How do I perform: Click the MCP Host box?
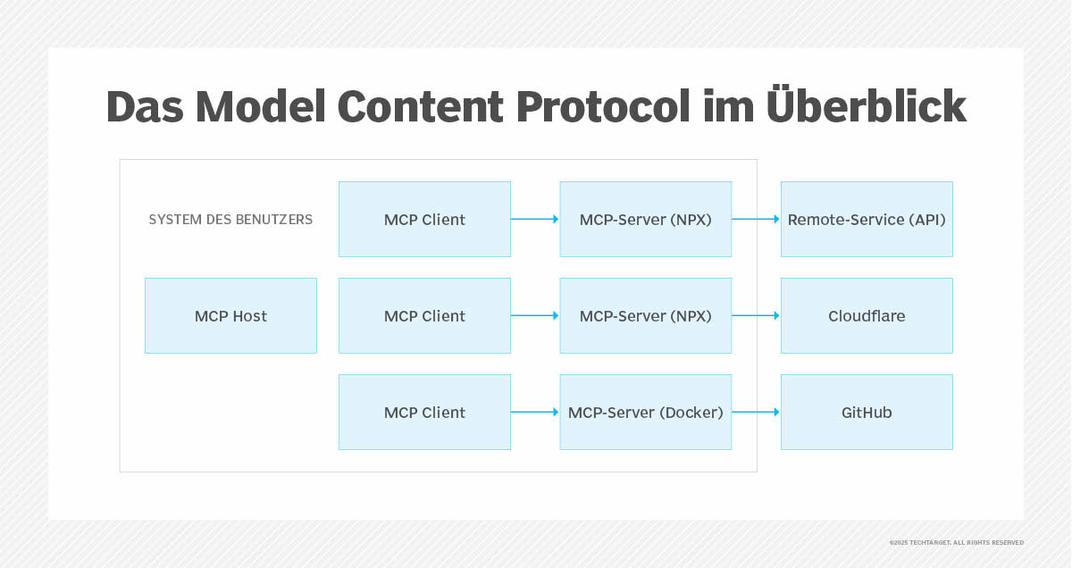[x=230, y=315]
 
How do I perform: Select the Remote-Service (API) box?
[x=867, y=219]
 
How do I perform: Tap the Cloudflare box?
[x=867, y=315]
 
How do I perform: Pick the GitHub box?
[x=867, y=412]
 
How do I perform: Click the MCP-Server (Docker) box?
[x=645, y=412]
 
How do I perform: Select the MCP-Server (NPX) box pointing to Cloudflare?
[x=645, y=315]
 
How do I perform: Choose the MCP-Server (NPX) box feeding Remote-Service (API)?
[x=645, y=219]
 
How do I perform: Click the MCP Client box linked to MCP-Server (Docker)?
[x=424, y=412]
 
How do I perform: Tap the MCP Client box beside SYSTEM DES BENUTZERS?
[x=424, y=219]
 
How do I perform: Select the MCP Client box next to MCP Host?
[x=424, y=315]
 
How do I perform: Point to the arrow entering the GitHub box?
[x=756, y=412]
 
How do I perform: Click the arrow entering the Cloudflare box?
[x=756, y=315]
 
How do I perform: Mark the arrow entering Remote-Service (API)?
[x=756, y=219]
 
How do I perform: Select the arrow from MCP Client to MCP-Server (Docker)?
[x=535, y=412]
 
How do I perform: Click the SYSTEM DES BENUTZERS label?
[x=230, y=219]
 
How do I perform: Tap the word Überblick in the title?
[x=867, y=105]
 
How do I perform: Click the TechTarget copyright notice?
[x=956, y=542]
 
